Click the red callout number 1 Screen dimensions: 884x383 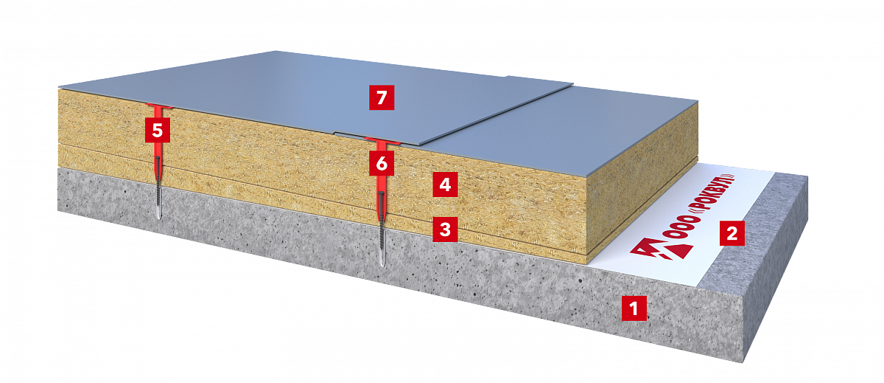pyautogui.click(x=634, y=308)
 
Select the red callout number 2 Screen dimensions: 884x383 pyautogui.click(x=732, y=233)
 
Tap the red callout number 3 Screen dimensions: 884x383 pyautogui.click(x=445, y=230)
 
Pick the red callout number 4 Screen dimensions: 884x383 pyautogui.click(x=445, y=184)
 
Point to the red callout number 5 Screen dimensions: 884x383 pyautogui.click(x=158, y=130)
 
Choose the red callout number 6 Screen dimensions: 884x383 pyautogui.click(x=382, y=163)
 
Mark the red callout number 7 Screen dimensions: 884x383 pyautogui.click(x=382, y=97)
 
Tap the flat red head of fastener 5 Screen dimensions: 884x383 pyautogui.click(x=158, y=106)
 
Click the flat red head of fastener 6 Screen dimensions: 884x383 pyautogui.click(x=382, y=140)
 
